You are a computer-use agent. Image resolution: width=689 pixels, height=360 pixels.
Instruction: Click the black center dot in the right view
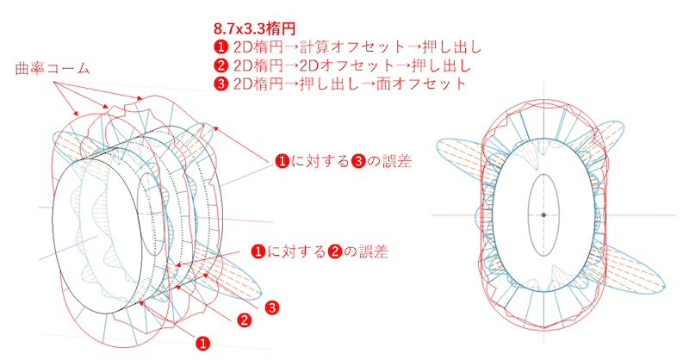(x=543, y=214)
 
